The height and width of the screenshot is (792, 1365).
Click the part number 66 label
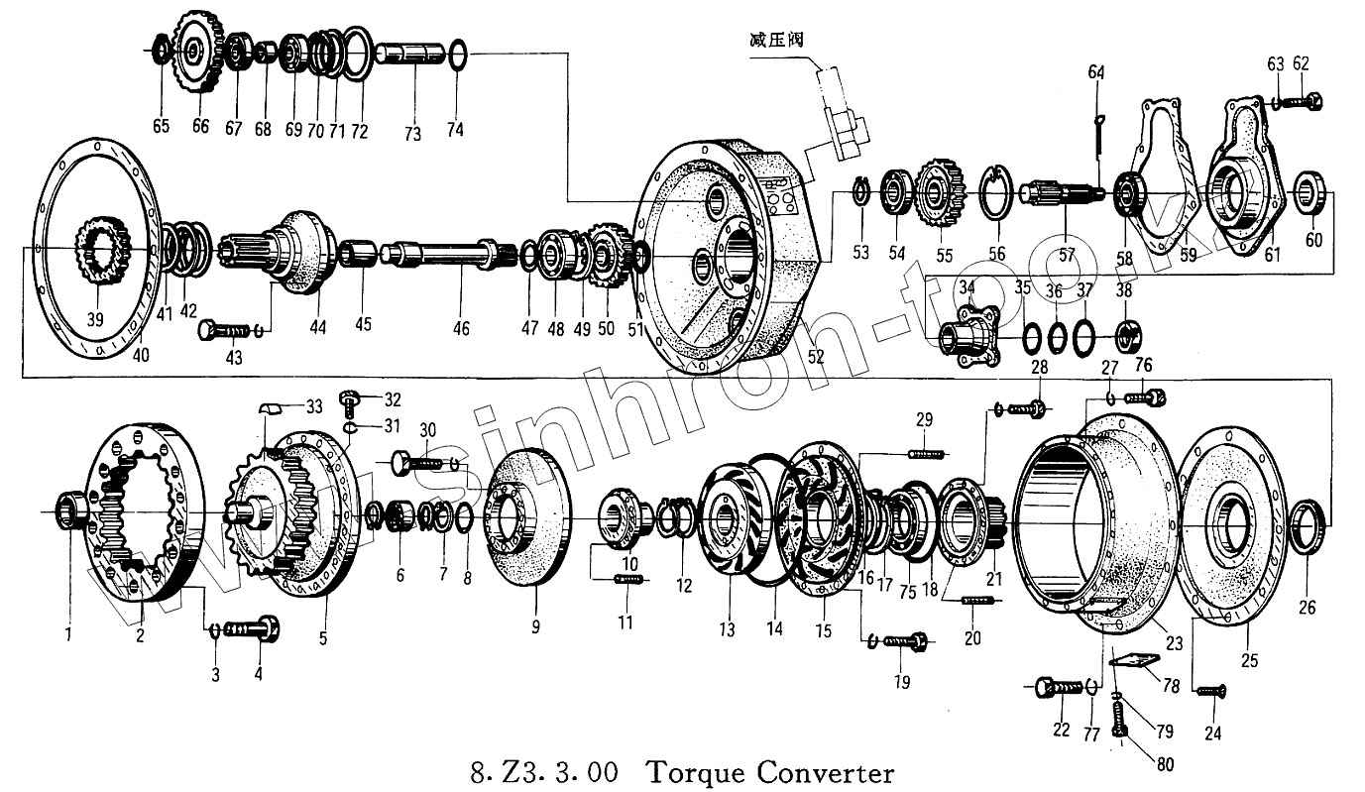click(200, 127)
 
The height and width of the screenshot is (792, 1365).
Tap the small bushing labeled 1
click(71, 510)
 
